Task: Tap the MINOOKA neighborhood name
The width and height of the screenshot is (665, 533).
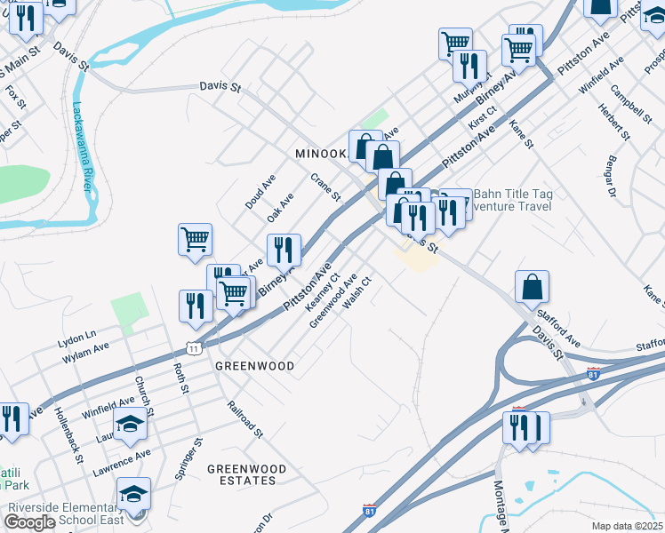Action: (320, 154)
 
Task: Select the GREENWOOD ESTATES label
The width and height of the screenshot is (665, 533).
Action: (246, 474)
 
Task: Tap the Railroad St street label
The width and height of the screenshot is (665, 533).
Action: (244, 420)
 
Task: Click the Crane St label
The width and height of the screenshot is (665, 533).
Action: (325, 187)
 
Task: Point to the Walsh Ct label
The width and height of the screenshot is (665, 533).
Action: (356, 290)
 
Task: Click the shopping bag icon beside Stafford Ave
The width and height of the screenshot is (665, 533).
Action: (532, 288)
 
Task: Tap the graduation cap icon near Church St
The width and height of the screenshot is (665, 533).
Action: (130, 424)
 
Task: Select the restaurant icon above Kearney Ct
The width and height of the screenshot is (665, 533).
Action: (284, 249)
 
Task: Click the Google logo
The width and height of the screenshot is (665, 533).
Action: (30, 522)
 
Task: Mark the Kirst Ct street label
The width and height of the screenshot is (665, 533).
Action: (481, 119)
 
